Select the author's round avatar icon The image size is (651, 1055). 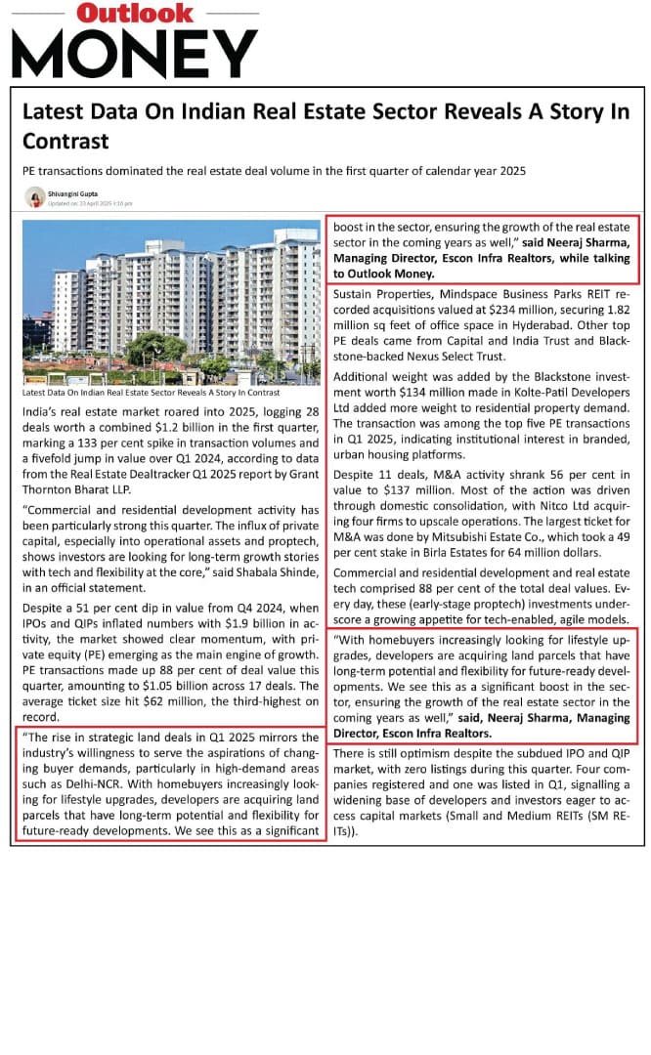point(34,197)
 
